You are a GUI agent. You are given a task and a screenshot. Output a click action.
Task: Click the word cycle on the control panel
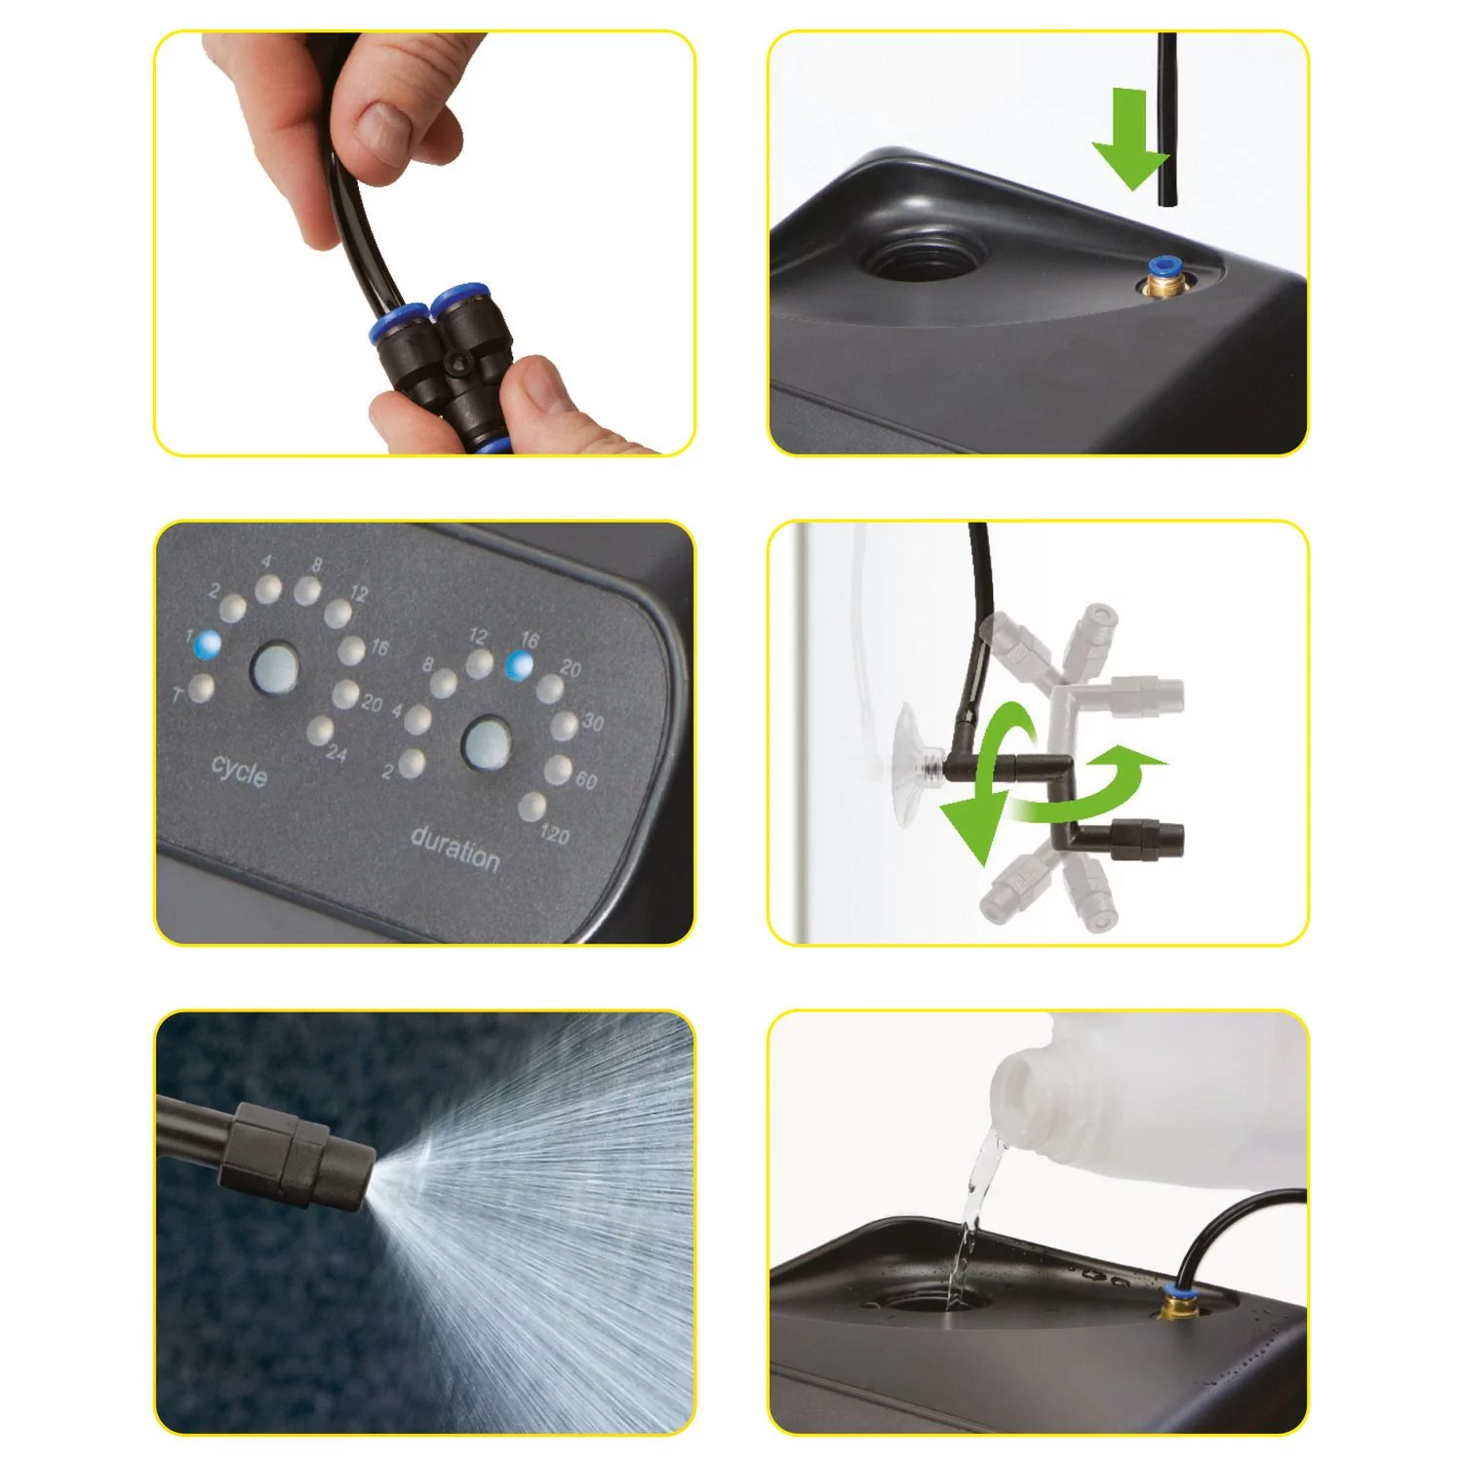click(x=239, y=771)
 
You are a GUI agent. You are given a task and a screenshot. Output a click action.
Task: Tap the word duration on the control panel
click(x=455, y=848)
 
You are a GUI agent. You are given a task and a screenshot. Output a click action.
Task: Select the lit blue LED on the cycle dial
click(x=208, y=645)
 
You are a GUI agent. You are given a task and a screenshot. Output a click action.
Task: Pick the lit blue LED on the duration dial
click(x=521, y=665)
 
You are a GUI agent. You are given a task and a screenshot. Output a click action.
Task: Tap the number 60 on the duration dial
click(x=586, y=780)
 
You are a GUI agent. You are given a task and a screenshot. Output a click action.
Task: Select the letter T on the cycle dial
click(x=178, y=695)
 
